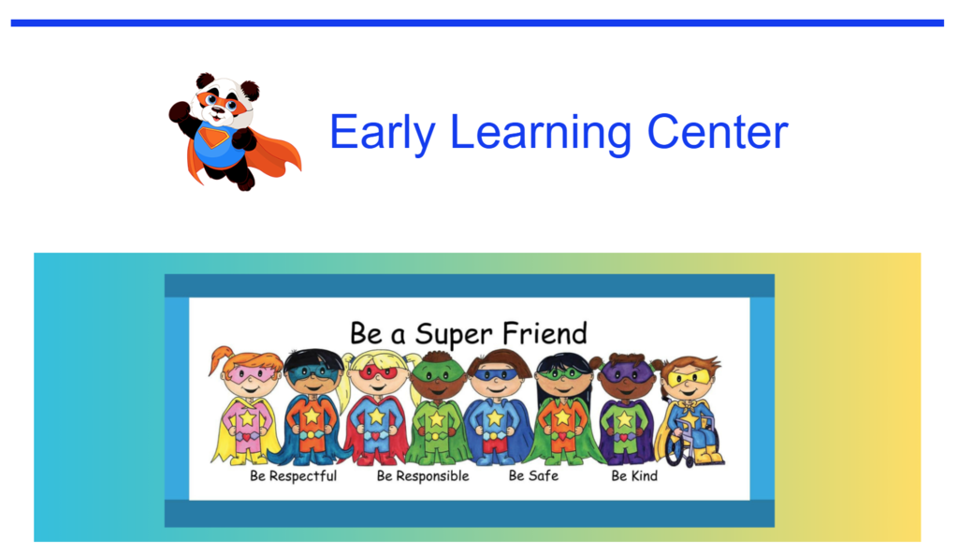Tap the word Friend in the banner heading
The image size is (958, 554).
coord(544,332)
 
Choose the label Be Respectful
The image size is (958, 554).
coord(293,476)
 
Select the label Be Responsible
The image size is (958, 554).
coord(423,476)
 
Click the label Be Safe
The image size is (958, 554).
coord(533,476)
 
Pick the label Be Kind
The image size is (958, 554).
coord(634,476)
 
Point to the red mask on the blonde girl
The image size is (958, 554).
coord(377,372)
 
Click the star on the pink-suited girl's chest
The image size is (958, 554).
coord(248,418)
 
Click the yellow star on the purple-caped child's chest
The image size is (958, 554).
coord(625,419)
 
